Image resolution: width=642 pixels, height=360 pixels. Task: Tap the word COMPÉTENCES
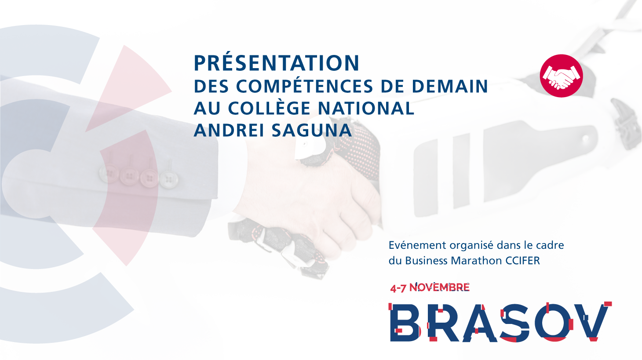click(304, 86)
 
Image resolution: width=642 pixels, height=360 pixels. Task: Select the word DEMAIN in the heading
click(450, 86)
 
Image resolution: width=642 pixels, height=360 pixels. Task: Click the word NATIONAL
click(366, 108)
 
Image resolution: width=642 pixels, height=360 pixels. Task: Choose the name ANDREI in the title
click(229, 130)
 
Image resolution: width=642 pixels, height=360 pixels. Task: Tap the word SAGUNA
click(311, 130)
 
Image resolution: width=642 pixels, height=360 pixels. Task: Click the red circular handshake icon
click(561, 76)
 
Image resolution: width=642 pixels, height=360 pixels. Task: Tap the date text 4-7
click(398, 288)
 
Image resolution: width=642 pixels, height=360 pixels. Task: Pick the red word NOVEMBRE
click(439, 287)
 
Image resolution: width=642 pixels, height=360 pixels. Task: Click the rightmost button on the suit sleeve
click(168, 180)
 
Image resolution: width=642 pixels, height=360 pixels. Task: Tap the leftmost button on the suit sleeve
click(109, 174)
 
